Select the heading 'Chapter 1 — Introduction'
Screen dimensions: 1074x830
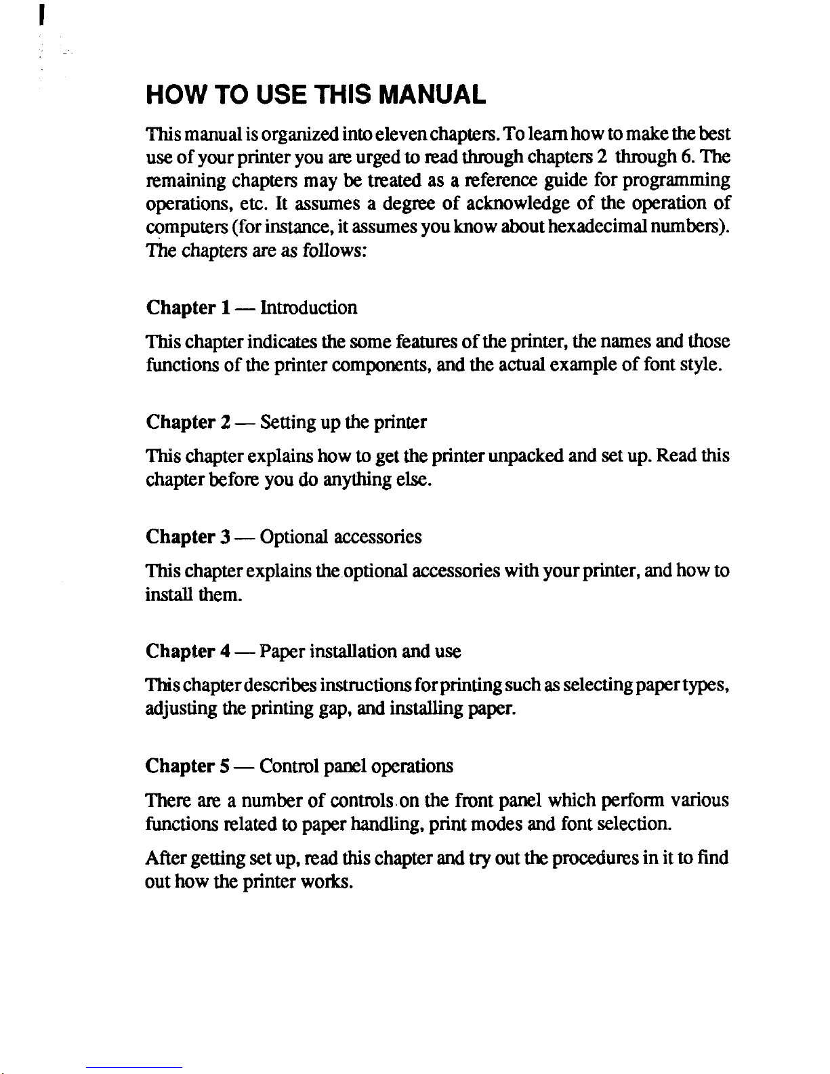point(251,308)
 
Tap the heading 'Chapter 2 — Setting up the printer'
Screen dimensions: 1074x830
point(286,423)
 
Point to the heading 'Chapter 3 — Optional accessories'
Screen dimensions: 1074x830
point(283,537)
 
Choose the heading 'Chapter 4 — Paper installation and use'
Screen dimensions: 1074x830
point(303,652)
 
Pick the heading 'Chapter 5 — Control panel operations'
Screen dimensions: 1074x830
point(299,766)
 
